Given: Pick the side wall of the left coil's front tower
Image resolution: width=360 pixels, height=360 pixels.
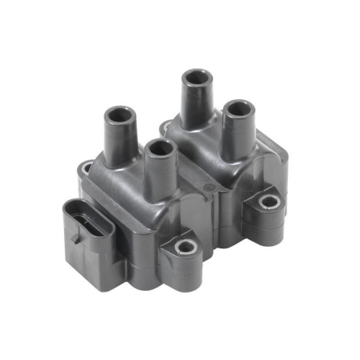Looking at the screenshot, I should click(160, 173).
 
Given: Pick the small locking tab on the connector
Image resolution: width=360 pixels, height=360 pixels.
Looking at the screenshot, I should click(75, 237).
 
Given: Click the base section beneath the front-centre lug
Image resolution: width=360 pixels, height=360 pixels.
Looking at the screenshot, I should click(184, 277).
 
